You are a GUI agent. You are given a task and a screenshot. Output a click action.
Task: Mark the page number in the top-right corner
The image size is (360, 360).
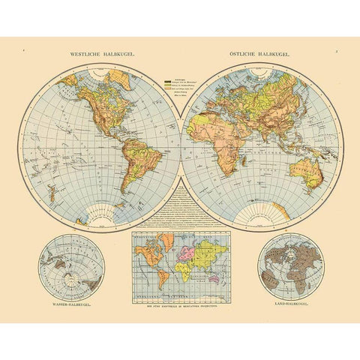click(x=338, y=50)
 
